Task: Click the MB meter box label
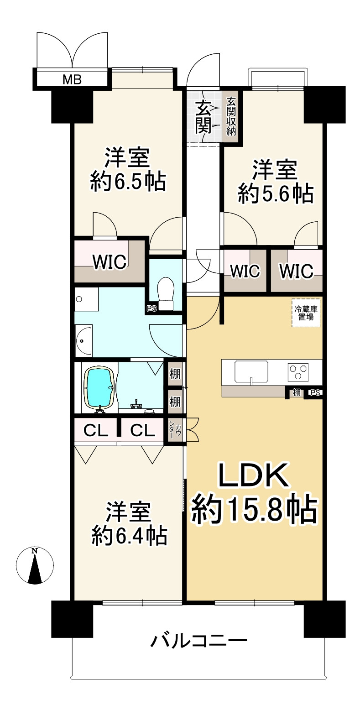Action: (x=72, y=80)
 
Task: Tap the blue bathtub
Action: (x=99, y=387)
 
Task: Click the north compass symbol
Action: (x=34, y=565)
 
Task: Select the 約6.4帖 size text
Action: (x=129, y=536)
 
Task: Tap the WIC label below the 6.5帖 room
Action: (x=110, y=262)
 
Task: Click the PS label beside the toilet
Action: (x=151, y=308)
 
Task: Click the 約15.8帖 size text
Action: (x=254, y=510)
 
